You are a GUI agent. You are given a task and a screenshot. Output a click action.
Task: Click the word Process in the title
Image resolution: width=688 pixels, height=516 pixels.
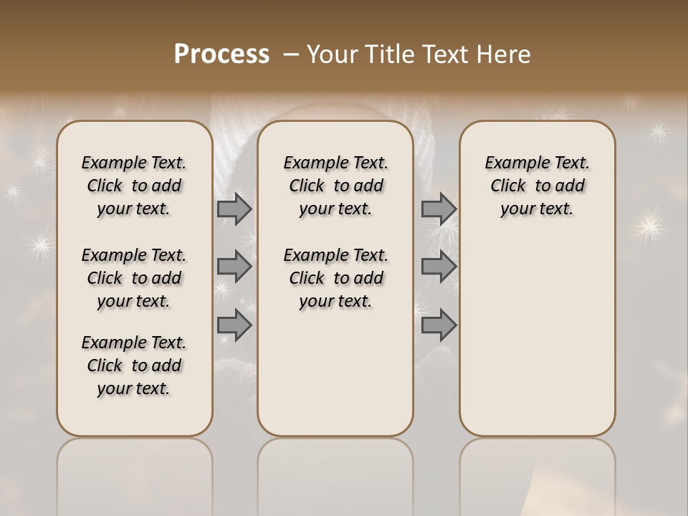tap(221, 54)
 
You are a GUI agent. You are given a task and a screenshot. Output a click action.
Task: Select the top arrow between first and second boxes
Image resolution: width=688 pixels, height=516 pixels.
tap(234, 209)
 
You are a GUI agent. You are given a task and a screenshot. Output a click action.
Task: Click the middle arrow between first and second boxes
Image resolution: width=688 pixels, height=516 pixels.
tap(234, 267)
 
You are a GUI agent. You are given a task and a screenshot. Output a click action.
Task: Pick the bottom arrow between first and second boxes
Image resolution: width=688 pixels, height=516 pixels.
tap(234, 325)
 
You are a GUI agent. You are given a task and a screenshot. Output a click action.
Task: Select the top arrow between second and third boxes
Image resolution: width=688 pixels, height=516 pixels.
tap(439, 209)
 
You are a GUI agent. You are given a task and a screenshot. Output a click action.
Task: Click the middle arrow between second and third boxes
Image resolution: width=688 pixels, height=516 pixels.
tap(439, 267)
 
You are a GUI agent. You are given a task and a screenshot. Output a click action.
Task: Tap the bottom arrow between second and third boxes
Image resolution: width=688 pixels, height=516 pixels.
tap(439, 325)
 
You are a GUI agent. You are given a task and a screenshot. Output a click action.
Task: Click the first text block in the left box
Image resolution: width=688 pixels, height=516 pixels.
tap(134, 186)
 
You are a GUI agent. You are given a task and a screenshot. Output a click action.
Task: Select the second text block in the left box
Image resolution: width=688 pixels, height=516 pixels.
tap(134, 278)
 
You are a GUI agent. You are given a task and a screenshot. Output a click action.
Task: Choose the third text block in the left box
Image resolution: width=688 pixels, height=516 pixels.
tap(134, 365)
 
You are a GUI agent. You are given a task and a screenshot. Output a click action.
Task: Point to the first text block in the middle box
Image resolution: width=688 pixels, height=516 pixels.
tap(335, 186)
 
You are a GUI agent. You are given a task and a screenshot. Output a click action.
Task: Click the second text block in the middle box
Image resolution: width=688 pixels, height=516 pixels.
tap(335, 278)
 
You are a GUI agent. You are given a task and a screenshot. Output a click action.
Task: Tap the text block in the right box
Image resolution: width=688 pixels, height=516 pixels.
tap(537, 186)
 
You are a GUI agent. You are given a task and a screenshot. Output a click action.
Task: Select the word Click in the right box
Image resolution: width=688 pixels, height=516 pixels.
tap(508, 186)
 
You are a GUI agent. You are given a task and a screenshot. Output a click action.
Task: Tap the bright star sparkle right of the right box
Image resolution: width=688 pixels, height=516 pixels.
tap(649, 226)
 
